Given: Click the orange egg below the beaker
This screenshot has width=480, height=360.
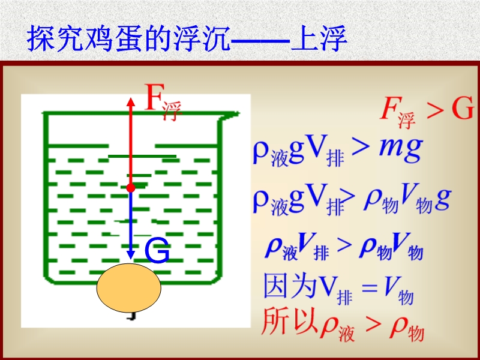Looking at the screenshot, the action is click(129, 288).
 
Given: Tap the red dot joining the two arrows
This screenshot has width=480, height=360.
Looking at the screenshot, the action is click(131, 188).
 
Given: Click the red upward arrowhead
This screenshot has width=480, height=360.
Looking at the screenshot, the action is click(131, 102).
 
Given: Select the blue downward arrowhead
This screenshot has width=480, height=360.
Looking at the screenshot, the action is click(131, 254).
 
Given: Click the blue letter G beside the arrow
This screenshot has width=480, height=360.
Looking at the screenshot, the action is click(157, 251).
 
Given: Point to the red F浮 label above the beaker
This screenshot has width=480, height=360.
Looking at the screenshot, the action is click(162, 101).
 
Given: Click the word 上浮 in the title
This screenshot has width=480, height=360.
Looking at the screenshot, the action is click(319, 39).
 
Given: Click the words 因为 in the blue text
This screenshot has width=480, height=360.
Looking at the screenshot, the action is click(290, 286).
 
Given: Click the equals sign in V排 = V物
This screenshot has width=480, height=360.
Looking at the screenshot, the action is click(369, 288).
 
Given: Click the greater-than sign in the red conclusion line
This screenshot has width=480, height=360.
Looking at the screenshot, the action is click(373, 325).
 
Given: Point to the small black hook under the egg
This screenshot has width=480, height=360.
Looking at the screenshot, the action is click(132, 316).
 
